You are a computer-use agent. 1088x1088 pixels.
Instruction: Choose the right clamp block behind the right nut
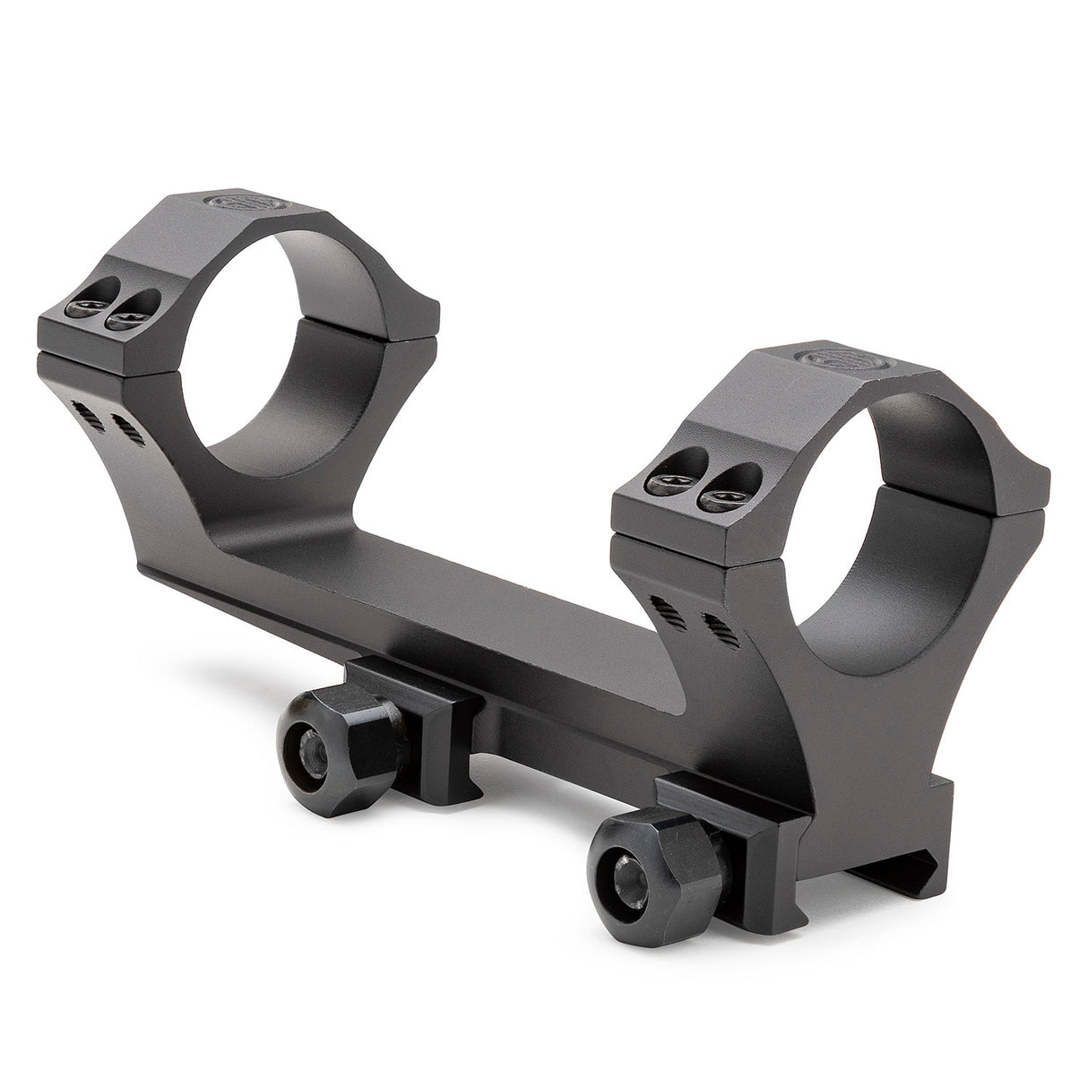click(x=717, y=829)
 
